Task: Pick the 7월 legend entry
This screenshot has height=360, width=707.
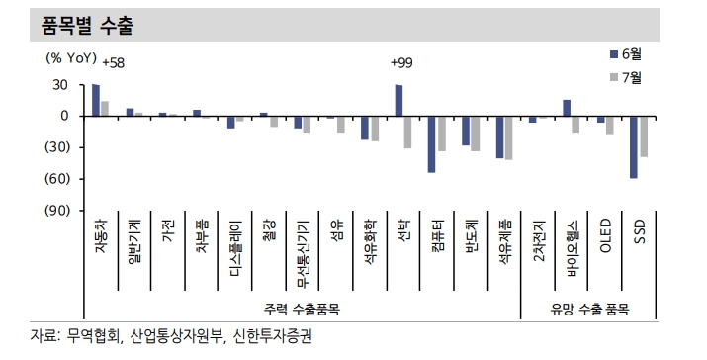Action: [x=629, y=76]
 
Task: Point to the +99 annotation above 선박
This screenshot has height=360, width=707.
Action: [x=401, y=63]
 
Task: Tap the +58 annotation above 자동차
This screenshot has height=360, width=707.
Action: [x=102, y=63]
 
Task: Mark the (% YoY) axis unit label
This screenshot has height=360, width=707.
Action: [x=75, y=56]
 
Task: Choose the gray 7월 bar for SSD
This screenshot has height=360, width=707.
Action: [x=643, y=135]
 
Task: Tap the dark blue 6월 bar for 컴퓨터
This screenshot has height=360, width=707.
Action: [x=432, y=143]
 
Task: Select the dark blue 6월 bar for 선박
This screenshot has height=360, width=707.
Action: [x=398, y=100]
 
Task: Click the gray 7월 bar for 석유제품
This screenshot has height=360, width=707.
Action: [x=509, y=137]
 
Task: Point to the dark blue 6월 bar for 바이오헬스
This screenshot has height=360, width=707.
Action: [x=567, y=108]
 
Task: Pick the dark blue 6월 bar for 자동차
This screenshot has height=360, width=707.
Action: [x=96, y=100]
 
